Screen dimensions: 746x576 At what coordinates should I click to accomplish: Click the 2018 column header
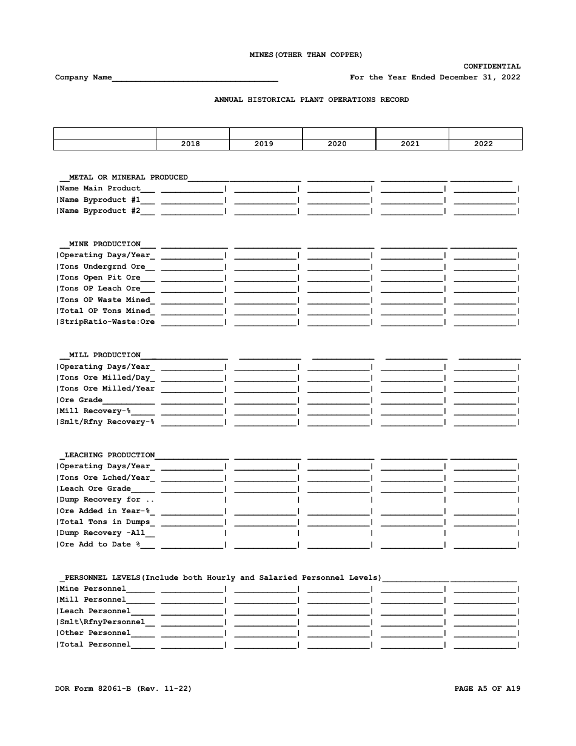click(190, 144)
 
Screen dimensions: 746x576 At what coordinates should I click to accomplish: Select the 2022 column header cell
click(483, 144)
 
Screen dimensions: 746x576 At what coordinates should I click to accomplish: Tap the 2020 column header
click(337, 144)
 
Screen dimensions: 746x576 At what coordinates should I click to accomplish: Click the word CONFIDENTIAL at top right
click(492, 66)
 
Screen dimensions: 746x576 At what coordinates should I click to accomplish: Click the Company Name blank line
click(195, 78)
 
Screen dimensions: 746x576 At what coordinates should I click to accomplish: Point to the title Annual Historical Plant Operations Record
click(311, 99)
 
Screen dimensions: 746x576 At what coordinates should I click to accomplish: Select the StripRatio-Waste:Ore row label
click(107, 322)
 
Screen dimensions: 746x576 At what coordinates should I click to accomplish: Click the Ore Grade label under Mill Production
click(81, 400)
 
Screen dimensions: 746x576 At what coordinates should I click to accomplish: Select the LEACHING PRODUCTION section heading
click(109, 455)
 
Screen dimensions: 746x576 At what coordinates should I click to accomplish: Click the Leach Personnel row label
click(95, 611)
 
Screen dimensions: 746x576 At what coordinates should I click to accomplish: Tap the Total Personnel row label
click(95, 645)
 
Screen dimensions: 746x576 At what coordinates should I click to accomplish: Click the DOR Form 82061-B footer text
click(123, 689)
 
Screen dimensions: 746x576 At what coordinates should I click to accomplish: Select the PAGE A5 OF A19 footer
click(487, 689)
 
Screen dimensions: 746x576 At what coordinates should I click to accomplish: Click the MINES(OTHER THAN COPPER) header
click(306, 55)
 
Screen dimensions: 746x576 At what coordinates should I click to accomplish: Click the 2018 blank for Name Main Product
click(192, 189)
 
